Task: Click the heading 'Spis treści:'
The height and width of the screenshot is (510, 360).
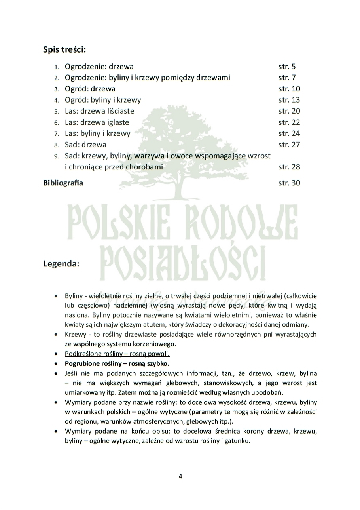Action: coord(64,50)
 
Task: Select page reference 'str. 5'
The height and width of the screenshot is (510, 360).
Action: coord(287,67)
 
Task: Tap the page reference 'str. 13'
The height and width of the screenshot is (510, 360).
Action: coord(289,100)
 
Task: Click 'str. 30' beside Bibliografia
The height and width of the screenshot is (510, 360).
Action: coord(289,183)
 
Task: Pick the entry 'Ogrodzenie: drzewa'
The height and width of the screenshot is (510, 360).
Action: coord(99,67)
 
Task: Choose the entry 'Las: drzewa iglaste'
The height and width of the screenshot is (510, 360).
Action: coord(97,122)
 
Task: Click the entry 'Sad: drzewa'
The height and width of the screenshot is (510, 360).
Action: coord(85,145)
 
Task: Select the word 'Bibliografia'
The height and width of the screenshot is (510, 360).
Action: coord(63,183)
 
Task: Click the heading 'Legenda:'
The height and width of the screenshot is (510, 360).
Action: coord(61,264)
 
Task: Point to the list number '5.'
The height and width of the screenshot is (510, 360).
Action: coord(57,111)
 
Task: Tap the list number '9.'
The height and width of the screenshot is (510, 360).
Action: coord(57,156)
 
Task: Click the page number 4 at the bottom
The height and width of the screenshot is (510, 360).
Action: coord(180,476)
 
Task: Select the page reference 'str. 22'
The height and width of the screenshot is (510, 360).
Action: coord(289,122)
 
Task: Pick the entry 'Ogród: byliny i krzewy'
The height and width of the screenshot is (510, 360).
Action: coord(103,100)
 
